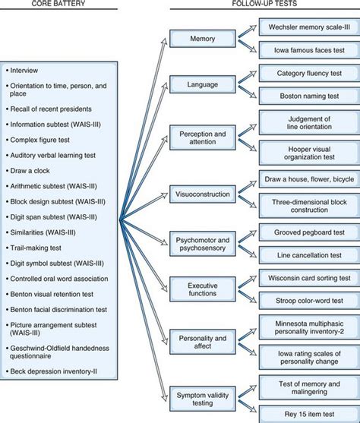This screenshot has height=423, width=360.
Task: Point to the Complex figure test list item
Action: (42, 140)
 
